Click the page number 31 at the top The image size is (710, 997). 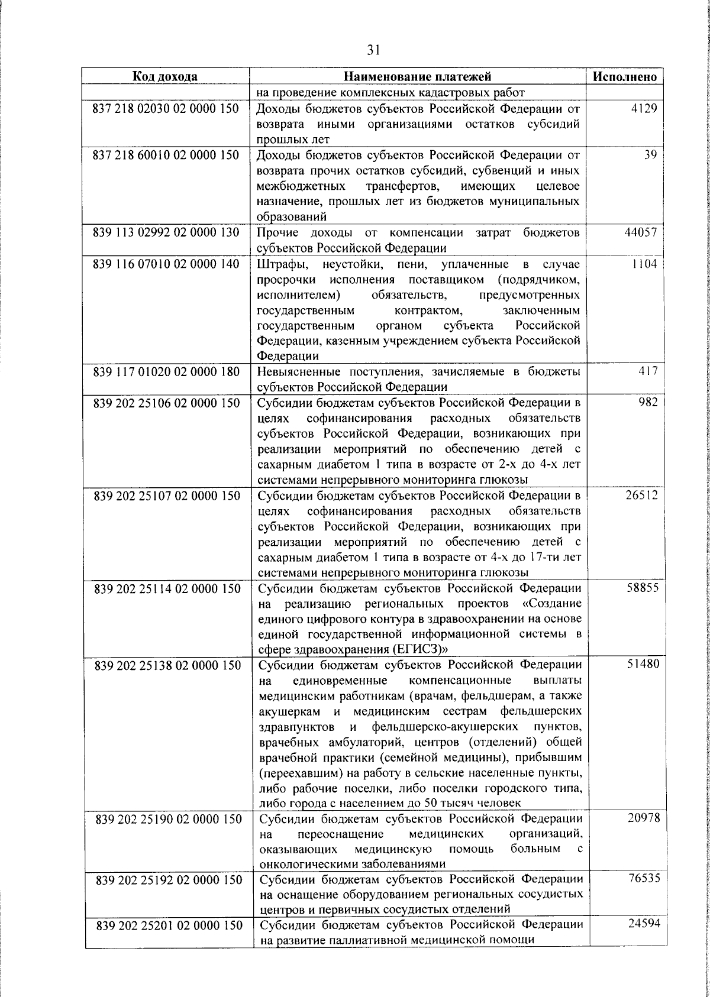373,50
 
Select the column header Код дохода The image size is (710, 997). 164,76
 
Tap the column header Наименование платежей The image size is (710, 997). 418,76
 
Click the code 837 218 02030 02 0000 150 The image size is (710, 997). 166,109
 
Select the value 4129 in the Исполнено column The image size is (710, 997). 644,109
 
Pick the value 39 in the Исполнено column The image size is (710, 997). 651,155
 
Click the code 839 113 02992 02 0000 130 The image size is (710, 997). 166,232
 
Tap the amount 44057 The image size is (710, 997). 641,232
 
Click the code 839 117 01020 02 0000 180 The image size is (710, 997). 166,372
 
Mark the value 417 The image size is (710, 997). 647,371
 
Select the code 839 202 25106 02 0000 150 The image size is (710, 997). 167,403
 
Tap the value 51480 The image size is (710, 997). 643,664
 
